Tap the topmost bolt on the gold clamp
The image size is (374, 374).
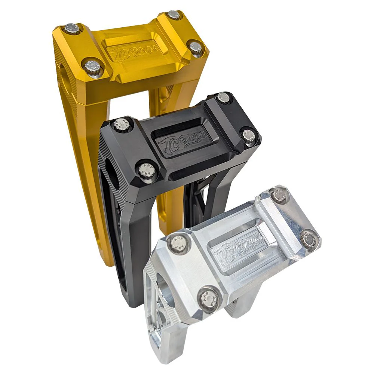point(173,15)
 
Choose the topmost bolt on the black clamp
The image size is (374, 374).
point(223,98)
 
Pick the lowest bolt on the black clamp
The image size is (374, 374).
point(144,170)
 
